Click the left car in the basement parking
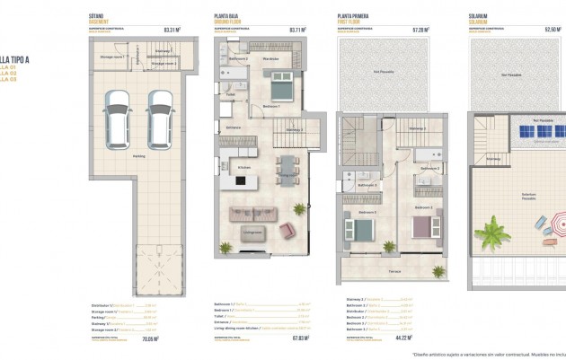point(118,125)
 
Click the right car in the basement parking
point(159,125)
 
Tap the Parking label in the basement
point(138,155)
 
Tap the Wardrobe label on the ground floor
point(270,59)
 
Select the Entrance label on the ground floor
point(234,127)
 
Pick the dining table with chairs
point(287,166)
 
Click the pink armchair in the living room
point(287,231)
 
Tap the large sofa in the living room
point(251,215)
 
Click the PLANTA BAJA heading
point(227,16)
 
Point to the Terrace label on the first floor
point(394,270)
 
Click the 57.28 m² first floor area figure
point(420,29)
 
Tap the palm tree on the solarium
point(492,235)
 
